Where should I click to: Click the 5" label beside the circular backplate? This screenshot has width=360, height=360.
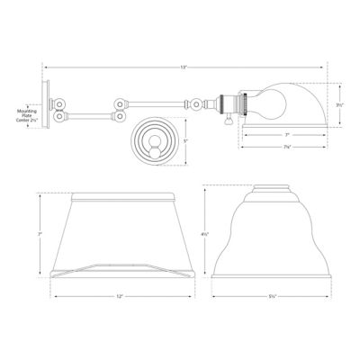pyautogui.click(x=184, y=139)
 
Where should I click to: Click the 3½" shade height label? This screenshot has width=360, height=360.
pyautogui.click(x=339, y=103)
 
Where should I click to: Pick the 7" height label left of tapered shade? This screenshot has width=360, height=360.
pyautogui.click(x=41, y=233)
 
